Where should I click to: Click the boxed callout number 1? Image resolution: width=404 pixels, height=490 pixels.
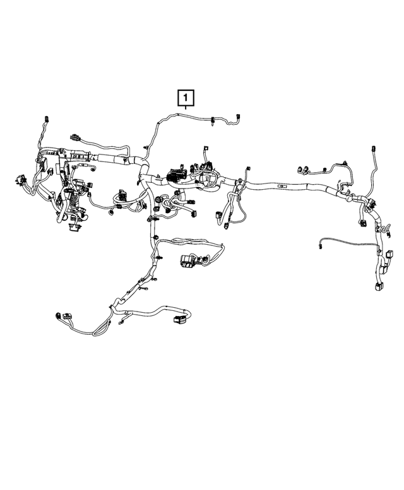coord(186,98)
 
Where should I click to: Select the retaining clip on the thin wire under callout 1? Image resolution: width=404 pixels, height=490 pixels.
coord(213,119)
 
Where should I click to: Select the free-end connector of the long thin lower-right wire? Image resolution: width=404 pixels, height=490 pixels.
coord(321,247)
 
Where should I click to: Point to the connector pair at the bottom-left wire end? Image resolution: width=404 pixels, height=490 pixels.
coord(61,315)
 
